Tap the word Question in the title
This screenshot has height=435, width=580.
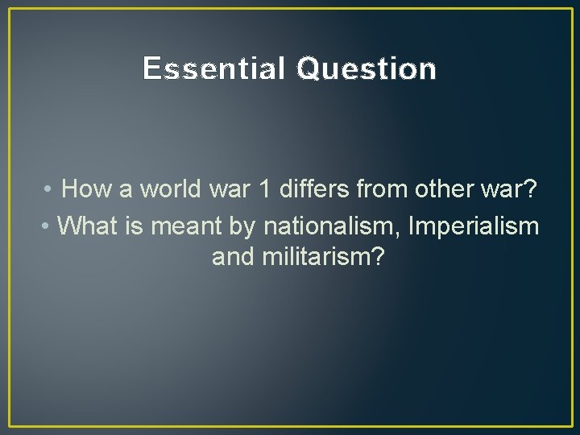coord(367,70)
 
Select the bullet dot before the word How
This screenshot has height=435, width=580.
coord(49,190)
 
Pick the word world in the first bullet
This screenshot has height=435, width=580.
coord(170,189)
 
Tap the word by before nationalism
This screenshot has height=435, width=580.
coord(241,226)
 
